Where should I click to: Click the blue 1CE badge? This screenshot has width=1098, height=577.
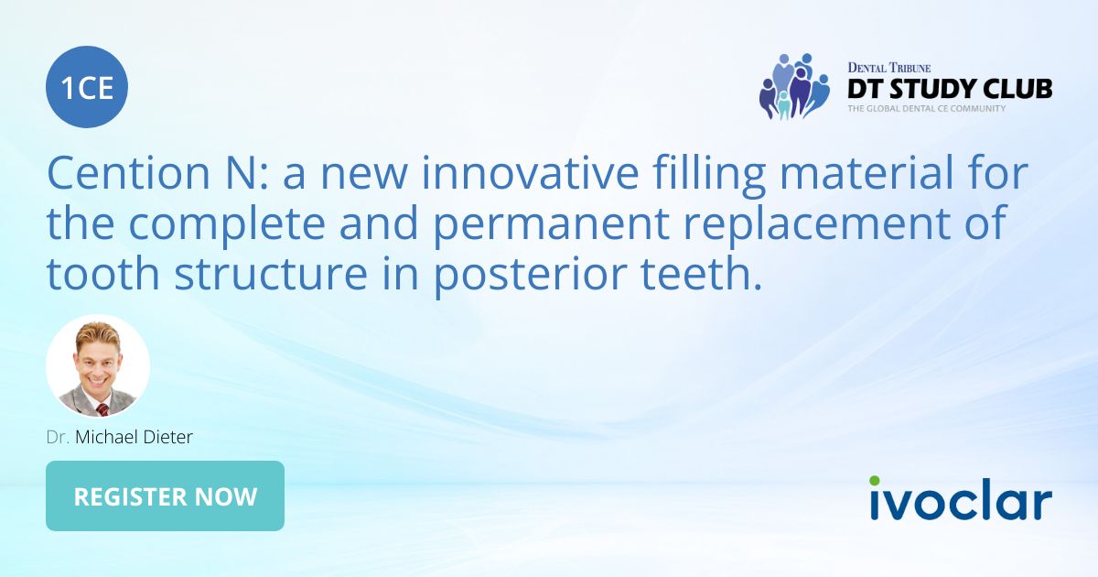[x=87, y=87]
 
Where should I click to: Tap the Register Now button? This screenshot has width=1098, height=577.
[x=165, y=496]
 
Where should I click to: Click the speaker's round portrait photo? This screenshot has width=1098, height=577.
[x=98, y=366]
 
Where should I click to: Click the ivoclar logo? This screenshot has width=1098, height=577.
[x=960, y=500]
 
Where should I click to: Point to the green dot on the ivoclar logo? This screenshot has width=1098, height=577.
[x=874, y=480]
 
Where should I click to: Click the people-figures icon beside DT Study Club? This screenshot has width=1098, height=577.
[x=792, y=86]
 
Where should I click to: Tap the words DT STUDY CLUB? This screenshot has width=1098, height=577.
[x=949, y=89]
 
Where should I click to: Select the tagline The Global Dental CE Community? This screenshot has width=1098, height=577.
[x=926, y=109]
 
